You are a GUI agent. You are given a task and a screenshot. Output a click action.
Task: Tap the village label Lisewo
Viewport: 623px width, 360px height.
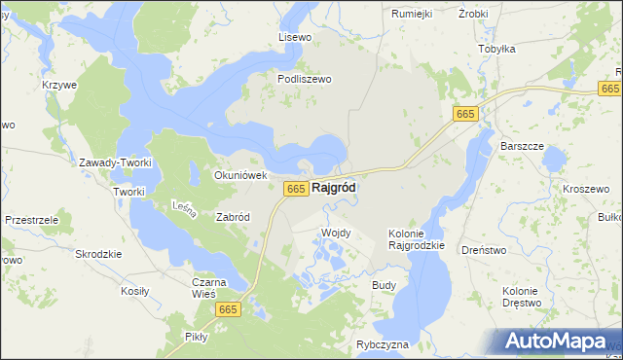294,37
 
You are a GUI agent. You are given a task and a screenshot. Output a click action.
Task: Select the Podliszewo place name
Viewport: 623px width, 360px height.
305,80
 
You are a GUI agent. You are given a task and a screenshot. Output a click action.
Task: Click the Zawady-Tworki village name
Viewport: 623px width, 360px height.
116,162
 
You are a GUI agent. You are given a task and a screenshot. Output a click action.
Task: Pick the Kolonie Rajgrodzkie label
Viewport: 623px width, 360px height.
416,239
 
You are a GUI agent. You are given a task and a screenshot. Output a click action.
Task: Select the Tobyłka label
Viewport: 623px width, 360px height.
496,48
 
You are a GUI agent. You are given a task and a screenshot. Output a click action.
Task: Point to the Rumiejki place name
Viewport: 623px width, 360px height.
411,14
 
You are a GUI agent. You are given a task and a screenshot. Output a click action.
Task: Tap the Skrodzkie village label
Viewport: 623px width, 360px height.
98,253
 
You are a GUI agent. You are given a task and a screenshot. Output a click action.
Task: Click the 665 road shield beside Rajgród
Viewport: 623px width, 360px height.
297,188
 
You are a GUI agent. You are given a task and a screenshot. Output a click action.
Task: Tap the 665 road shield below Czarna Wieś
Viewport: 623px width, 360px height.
229,309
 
